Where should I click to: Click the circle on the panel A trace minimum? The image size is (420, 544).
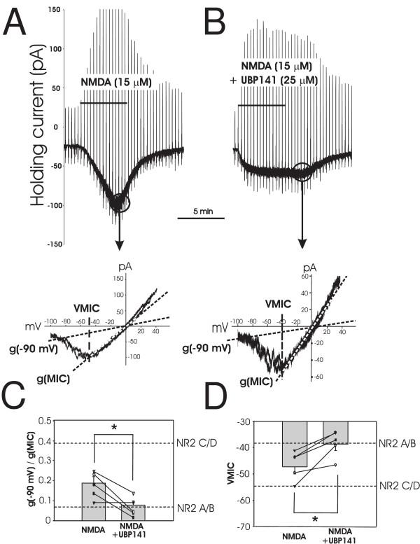click(x=120, y=203)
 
